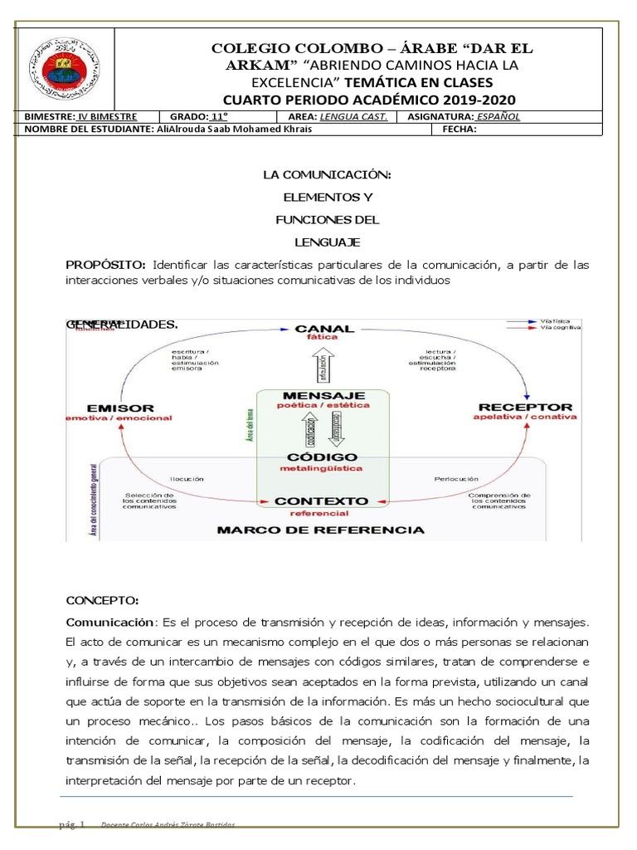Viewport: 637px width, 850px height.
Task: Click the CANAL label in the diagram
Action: click(323, 329)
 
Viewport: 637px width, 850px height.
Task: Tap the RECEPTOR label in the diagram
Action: click(525, 407)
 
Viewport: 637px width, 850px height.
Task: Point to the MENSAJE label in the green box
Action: click(323, 394)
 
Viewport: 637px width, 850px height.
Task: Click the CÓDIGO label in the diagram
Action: click(323, 457)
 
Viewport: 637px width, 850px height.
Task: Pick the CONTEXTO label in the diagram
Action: click(321, 501)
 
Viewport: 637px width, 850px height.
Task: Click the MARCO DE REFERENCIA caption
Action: click(320, 530)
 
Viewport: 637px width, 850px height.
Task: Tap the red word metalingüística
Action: click(323, 469)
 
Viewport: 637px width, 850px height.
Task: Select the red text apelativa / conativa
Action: click(524, 418)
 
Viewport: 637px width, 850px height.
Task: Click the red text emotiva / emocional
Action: click(120, 418)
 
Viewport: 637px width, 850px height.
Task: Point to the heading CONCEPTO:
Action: click(102, 600)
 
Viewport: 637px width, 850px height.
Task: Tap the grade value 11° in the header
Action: click(220, 117)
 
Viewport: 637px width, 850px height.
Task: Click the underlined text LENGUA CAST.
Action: click(354, 117)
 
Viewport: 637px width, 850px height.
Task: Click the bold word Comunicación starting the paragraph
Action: click(110, 622)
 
